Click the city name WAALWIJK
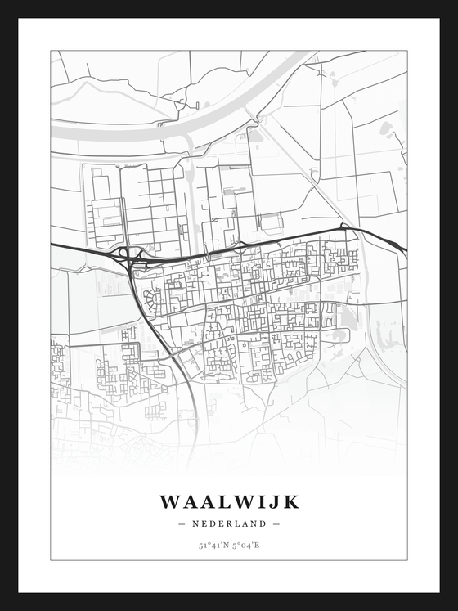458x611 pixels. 229,501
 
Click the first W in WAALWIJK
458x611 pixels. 169,501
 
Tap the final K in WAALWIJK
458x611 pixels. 291,501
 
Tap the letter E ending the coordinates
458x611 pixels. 258,544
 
